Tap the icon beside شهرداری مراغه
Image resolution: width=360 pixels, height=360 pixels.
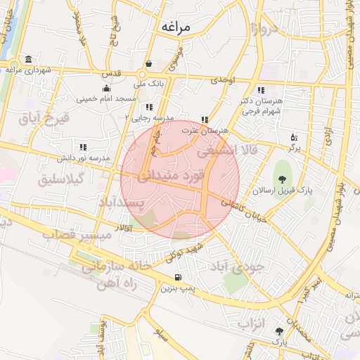pos(27,59)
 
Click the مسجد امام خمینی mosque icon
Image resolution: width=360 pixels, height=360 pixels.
pos(105,89)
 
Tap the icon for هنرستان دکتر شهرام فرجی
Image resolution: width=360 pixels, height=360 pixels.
pos(261,90)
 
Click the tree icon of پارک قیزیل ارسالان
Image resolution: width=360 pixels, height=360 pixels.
pos(283,177)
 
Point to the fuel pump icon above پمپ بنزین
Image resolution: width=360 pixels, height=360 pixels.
pos(176,276)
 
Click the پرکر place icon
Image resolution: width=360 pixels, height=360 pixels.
pos(294,137)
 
